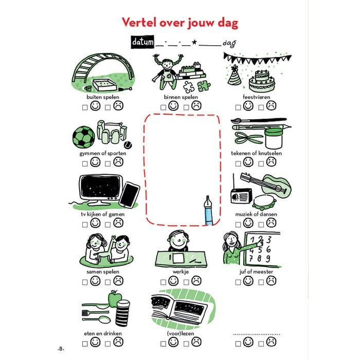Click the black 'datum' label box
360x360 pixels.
(142, 42)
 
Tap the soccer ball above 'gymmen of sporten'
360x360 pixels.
(83, 137)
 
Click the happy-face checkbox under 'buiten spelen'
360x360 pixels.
(85, 107)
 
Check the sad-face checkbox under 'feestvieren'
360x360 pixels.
(261, 107)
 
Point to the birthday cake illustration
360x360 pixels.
(262, 81)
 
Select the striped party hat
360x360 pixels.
(234, 76)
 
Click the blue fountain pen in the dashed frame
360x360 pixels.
(208, 210)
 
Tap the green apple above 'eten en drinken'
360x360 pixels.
(115, 299)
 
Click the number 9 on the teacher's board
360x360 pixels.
(268, 259)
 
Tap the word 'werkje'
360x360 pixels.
(181, 272)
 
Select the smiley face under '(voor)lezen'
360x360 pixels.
(173, 342)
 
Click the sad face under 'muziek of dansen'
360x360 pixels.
(271, 223)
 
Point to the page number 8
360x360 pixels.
(61, 349)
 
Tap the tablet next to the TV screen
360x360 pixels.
(129, 195)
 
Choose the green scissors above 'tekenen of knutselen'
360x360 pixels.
(248, 138)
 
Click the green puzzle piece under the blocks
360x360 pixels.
(204, 86)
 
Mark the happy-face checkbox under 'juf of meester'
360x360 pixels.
(238, 282)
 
